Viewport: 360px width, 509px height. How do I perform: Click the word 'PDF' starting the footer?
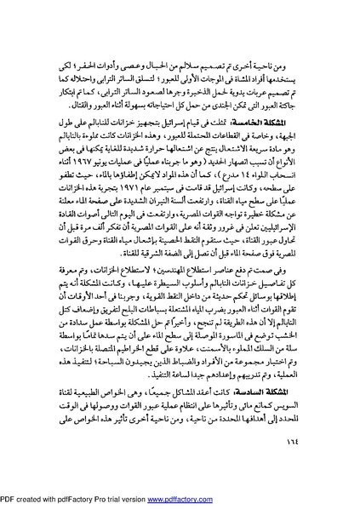[10, 501]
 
